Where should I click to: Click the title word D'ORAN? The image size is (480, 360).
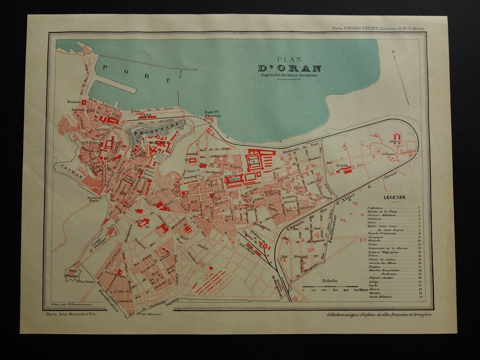coord(290,68)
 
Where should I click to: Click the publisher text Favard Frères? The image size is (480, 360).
coord(363,27)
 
